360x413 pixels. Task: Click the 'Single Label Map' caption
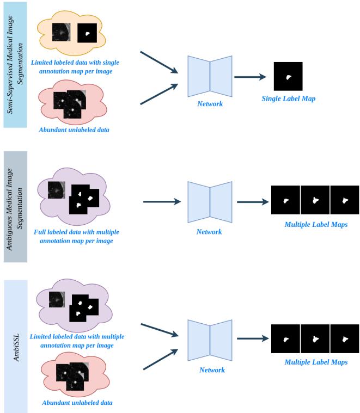tap(288, 98)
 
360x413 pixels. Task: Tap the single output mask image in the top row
tap(288, 76)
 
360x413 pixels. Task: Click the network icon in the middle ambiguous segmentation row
tap(210, 202)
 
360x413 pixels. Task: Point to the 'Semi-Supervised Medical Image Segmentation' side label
tap(15, 64)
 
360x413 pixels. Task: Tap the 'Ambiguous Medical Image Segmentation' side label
tap(15, 201)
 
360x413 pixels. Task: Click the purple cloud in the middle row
tap(73, 198)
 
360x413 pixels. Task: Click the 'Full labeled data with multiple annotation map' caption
tap(76, 236)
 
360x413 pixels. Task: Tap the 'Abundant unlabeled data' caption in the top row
tap(71, 130)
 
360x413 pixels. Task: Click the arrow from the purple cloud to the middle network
tap(162, 202)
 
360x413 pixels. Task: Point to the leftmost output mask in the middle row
tap(285, 200)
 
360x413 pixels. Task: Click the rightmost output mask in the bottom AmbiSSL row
tap(345, 338)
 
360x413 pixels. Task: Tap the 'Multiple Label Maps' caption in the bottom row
tap(316, 362)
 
